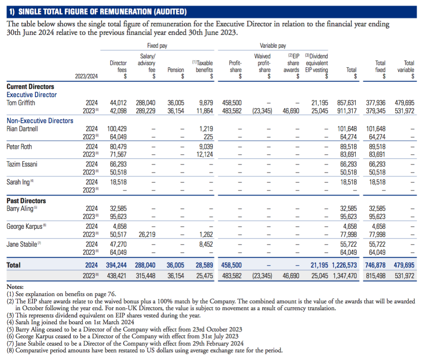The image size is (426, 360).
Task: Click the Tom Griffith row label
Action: (x=21, y=103)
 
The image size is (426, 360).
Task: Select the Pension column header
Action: (x=176, y=70)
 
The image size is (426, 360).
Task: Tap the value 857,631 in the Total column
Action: (x=347, y=103)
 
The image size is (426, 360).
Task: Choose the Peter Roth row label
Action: (x=19, y=147)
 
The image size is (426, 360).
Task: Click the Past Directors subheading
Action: (x=26, y=201)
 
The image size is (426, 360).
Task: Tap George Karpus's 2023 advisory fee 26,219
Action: (x=147, y=234)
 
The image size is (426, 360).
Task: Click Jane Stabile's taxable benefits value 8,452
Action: (x=206, y=244)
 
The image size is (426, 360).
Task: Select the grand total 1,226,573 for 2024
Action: (x=344, y=265)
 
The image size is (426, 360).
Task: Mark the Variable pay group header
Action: (x=273, y=46)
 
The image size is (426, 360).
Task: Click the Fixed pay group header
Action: (x=157, y=46)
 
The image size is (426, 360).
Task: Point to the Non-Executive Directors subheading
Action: (x=40, y=121)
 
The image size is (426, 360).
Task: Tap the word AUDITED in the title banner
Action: (x=170, y=12)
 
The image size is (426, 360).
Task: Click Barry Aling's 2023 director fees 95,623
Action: (x=118, y=216)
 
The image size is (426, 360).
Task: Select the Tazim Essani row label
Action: (x=22, y=164)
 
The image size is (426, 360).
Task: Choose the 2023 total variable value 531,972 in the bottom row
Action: (x=405, y=276)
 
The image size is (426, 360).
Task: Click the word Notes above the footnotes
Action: (x=15, y=287)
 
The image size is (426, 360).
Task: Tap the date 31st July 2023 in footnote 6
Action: (x=220, y=337)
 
